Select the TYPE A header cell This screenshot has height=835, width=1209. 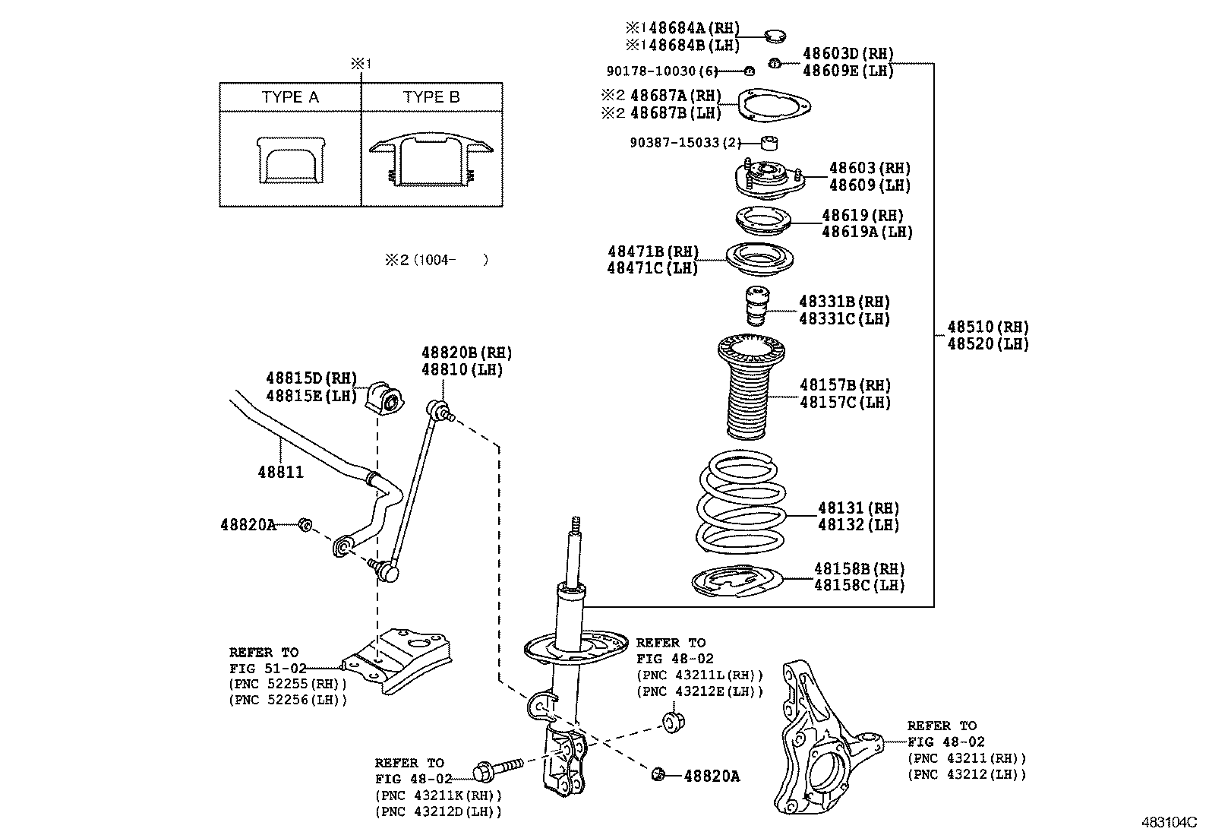tap(290, 97)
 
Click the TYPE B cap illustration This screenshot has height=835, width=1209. tap(431, 162)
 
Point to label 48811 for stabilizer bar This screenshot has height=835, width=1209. tap(280, 473)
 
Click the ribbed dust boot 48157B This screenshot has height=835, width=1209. tap(750, 391)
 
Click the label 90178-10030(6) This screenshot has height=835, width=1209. tap(661, 71)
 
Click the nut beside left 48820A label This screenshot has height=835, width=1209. tap(304, 523)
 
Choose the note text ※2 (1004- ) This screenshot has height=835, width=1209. tap(436, 260)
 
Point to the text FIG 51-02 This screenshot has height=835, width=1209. tap(267, 669)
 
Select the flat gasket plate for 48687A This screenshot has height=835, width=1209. tap(775, 106)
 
